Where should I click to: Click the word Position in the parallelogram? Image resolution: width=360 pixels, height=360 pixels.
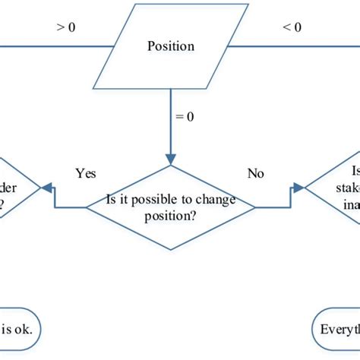point(170,46)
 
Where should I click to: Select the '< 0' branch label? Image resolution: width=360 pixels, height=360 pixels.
point(291,27)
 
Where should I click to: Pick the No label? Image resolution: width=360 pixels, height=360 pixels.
point(256,173)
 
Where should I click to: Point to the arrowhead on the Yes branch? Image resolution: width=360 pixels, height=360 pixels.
point(47,188)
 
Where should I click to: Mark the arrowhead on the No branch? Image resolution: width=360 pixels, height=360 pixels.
point(298,188)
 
